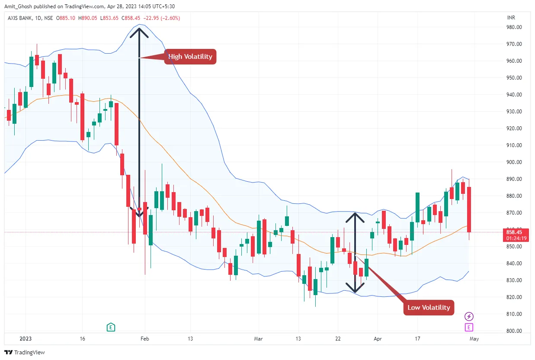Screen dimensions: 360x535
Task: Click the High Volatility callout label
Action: pyautogui.click(x=190, y=57)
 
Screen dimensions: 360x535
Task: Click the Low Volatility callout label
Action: pyautogui.click(x=429, y=308)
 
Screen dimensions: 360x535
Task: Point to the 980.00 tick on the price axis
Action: pyautogui.click(x=513, y=27)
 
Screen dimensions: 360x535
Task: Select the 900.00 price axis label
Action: pyautogui.click(x=513, y=162)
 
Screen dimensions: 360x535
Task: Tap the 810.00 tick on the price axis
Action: pyautogui.click(x=513, y=314)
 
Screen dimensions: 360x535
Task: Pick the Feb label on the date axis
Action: pyautogui.click(x=145, y=339)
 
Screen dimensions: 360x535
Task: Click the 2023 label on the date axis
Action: pyautogui.click(x=26, y=339)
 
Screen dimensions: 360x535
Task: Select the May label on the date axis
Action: pyautogui.click(x=474, y=339)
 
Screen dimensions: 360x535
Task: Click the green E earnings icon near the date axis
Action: pyautogui.click(x=111, y=327)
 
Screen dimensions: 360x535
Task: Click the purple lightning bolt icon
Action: pyautogui.click(x=469, y=316)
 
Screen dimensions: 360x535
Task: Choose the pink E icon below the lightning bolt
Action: pyautogui.click(x=469, y=327)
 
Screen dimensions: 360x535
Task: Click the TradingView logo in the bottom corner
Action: pyautogui.click(x=25, y=352)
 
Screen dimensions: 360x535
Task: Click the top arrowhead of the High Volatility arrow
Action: pyautogui.click(x=139, y=30)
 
